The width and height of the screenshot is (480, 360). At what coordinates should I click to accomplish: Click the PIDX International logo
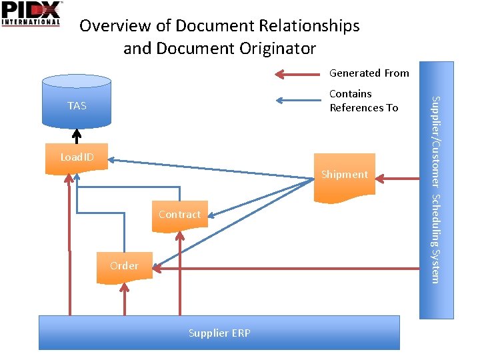[x=31, y=13]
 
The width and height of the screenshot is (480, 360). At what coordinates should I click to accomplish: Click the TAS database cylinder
[x=76, y=101]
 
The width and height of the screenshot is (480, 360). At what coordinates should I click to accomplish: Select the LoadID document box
[x=77, y=158]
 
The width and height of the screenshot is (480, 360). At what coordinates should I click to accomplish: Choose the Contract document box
[x=179, y=215]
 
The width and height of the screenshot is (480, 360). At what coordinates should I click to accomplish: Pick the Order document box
[x=124, y=266]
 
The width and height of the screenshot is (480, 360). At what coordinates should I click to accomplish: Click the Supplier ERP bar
[x=219, y=333]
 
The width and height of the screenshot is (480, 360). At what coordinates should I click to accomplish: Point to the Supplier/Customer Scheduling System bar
[x=435, y=189]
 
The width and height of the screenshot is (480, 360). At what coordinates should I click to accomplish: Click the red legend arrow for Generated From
[x=299, y=73]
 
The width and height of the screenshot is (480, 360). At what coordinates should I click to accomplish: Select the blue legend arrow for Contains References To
[x=299, y=101]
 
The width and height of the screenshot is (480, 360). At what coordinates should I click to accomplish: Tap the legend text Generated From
[x=369, y=73]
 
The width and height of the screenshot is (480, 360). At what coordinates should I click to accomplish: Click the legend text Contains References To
[x=363, y=101]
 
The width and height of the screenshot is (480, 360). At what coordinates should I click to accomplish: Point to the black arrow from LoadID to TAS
[x=77, y=135]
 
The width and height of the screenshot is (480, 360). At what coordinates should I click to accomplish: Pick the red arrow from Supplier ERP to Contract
[x=179, y=273]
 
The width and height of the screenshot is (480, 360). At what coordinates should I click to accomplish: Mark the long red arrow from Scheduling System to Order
[x=287, y=268]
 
